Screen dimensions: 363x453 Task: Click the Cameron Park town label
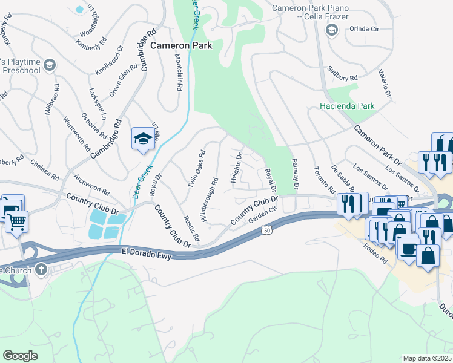coord(178,45)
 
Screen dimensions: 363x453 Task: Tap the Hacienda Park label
coord(347,106)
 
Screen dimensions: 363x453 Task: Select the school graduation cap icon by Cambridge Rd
coord(143,139)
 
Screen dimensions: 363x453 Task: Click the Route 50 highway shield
coord(266,231)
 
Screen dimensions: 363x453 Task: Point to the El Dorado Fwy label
coord(147,254)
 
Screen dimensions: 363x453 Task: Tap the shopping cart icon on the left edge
coord(16,221)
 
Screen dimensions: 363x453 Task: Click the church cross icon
coord(41,269)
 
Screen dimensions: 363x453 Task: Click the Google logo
coord(20,355)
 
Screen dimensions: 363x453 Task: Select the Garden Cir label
coord(263,215)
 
